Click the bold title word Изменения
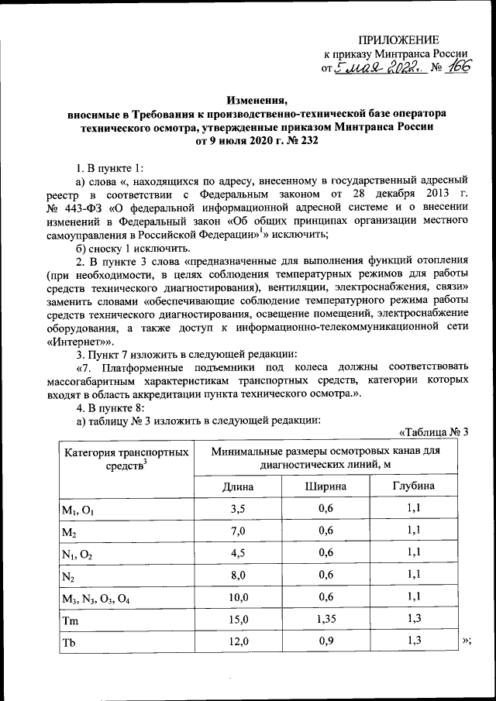point(256,100)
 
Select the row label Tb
point(71,643)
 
